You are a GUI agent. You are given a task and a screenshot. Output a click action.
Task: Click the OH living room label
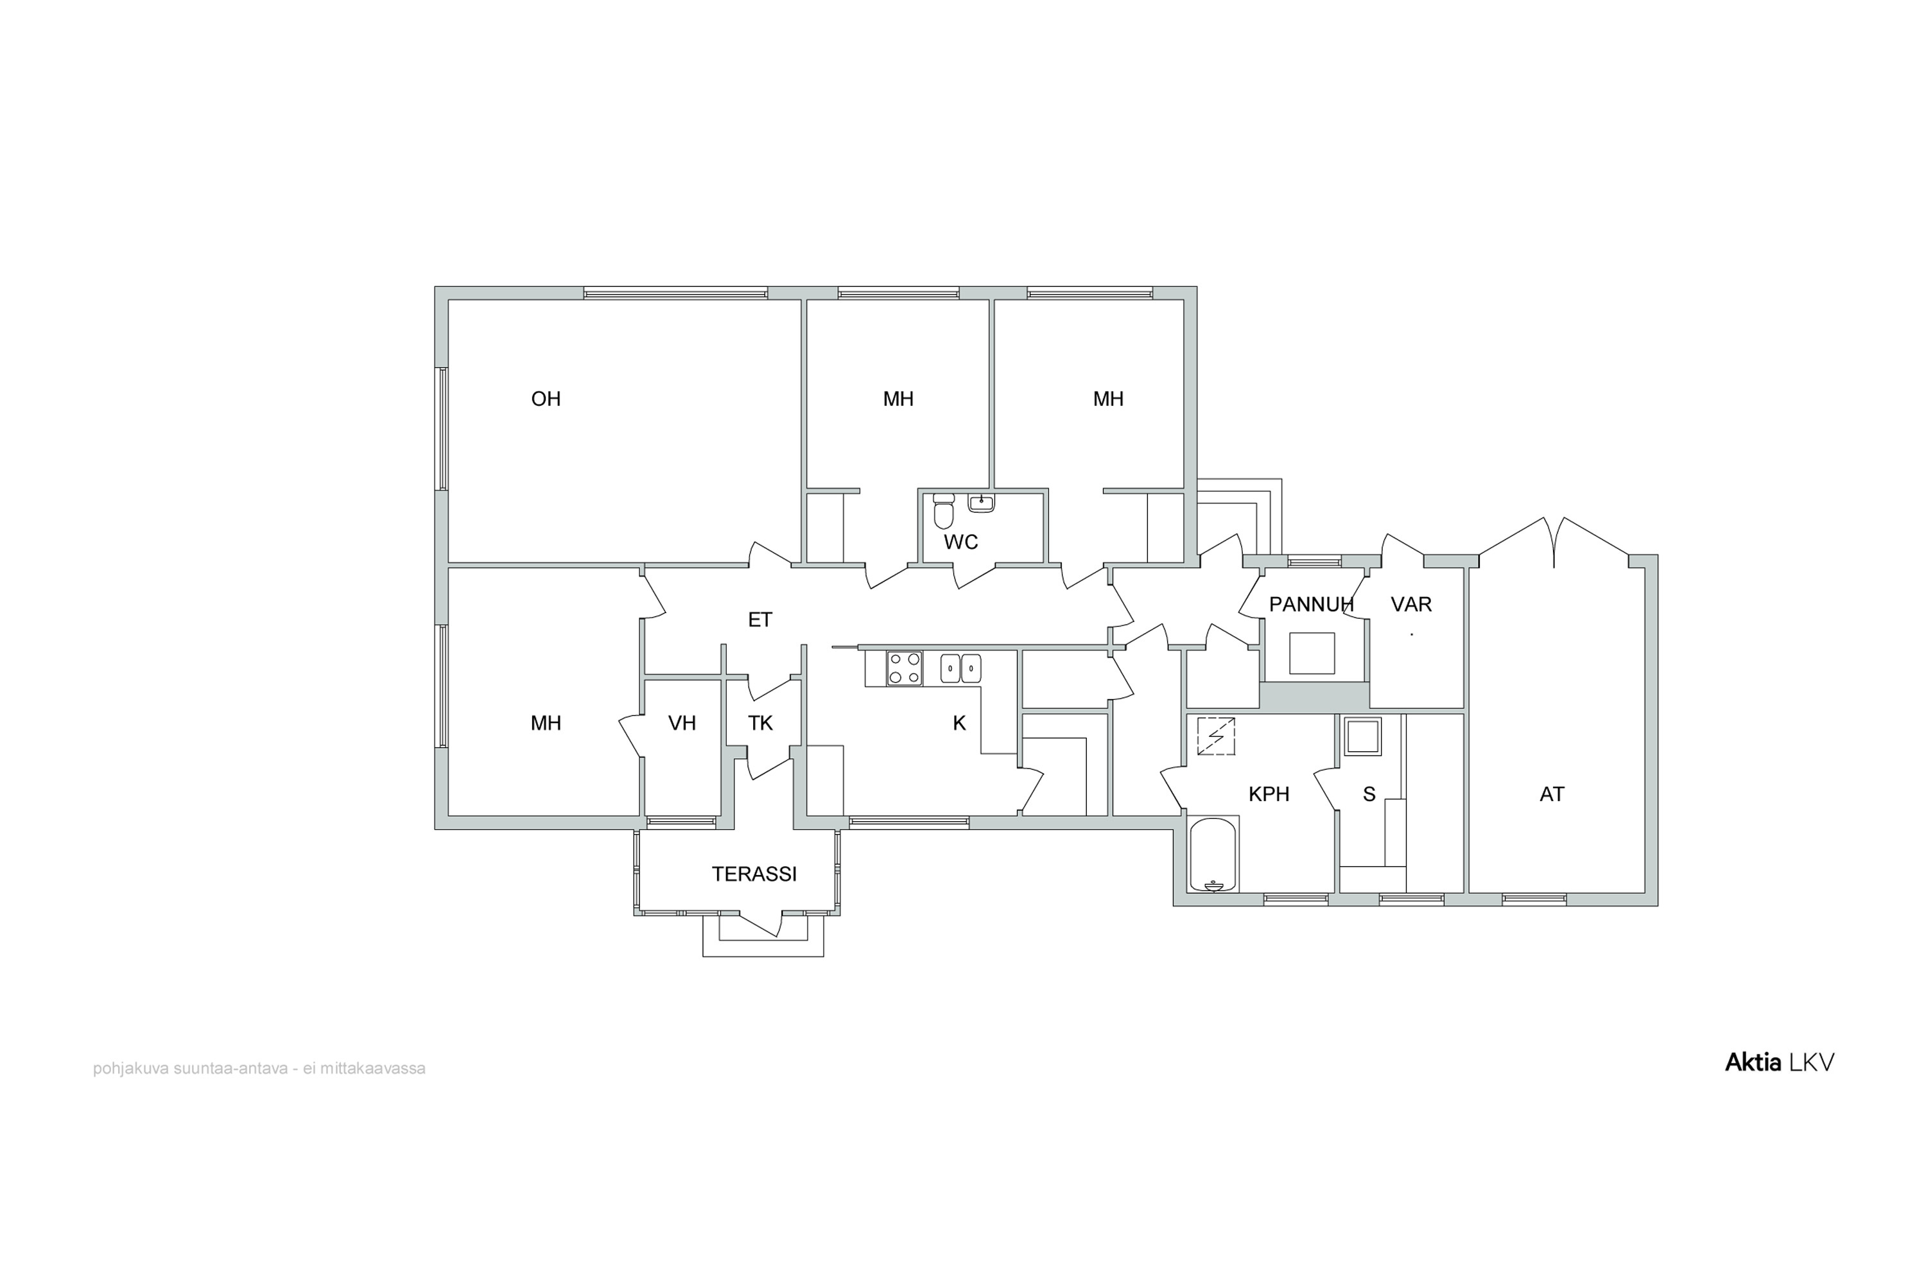[546, 399]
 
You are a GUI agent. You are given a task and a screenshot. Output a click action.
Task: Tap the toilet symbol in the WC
[943, 512]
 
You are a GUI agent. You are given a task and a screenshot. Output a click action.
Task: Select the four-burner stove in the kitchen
[905, 668]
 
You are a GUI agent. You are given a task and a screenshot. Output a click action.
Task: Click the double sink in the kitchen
[960, 668]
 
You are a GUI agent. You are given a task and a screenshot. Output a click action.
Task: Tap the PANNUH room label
[1311, 604]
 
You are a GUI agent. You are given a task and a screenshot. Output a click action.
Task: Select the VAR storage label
[1411, 604]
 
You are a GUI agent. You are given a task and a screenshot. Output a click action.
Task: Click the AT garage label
[1552, 794]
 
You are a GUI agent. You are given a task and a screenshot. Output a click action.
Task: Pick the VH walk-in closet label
[682, 723]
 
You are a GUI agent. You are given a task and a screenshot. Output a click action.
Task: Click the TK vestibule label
[760, 723]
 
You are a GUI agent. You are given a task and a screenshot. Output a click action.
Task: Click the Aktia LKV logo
[1780, 1062]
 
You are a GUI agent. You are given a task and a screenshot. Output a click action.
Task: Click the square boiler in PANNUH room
[1312, 654]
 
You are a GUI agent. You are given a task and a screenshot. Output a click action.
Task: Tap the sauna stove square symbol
[1362, 737]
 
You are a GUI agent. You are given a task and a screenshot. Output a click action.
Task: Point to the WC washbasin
[981, 503]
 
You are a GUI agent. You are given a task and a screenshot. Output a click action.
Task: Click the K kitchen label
[959, 723]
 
